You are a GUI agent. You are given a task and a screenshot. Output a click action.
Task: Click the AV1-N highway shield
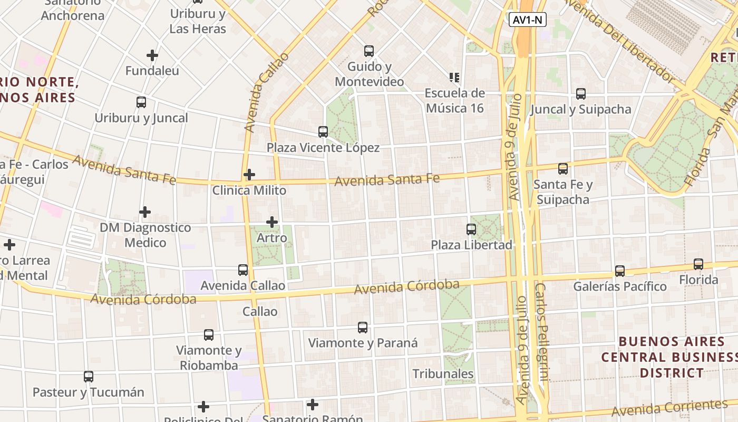[528, 20]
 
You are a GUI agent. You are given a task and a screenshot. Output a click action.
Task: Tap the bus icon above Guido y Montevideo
[369, 51]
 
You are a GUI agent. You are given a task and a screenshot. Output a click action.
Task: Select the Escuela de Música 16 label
[455, 100]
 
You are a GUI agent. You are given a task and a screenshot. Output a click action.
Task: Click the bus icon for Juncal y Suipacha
[581, 94]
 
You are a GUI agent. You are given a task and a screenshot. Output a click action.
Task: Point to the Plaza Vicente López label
[323, 148]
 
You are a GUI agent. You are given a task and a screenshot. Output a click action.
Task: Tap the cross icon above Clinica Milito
[249, 174]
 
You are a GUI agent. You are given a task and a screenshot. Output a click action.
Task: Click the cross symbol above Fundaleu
[152, 55]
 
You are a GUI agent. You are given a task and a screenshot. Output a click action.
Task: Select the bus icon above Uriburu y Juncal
[141, 102]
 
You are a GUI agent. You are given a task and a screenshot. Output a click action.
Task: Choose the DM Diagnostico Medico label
[145, 235]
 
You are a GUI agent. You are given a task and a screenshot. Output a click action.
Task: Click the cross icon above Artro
[272, 222]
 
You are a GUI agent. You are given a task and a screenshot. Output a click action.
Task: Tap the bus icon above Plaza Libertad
[471, 229]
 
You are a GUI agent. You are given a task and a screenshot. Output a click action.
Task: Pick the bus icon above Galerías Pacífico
[620, 271]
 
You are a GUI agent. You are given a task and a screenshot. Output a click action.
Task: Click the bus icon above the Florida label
[698, 264]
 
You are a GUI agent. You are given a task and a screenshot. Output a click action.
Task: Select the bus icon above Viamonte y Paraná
[363, 328]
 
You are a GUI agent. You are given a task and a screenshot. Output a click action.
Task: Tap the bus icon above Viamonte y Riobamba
[209, 335]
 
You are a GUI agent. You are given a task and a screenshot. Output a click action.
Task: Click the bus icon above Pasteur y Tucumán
[89, 377]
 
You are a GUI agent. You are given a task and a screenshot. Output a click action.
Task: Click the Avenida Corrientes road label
[669, 408]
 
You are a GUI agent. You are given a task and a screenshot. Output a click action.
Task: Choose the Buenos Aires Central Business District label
[669, 357]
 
